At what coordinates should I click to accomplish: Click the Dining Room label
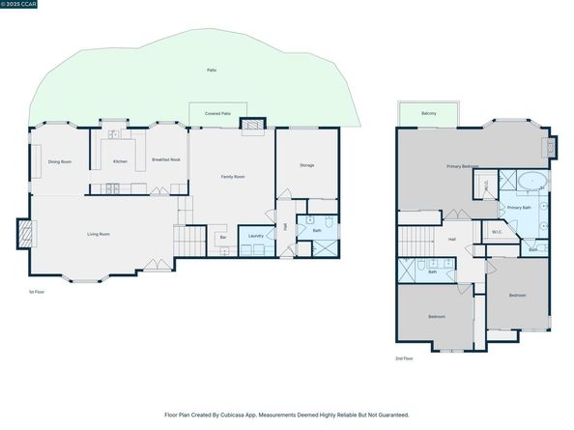click(x=60, y=161)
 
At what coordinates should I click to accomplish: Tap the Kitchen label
click(x=120, y=161)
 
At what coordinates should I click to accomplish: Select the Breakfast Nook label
click(x=165, y=159)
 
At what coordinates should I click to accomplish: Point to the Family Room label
click(x=233, y=177)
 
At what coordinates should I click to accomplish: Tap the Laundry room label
click(x=256, y=236)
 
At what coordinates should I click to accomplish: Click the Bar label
click(x=223, y=237)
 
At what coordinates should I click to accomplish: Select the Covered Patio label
click(x=217, y=114)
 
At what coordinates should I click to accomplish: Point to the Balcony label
click(x=428, y=114)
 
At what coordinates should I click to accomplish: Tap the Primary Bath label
click(x=519, y=207)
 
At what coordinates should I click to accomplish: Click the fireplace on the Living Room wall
click(x=24, y=233)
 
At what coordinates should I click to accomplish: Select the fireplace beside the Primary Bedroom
click(x=552, y=148)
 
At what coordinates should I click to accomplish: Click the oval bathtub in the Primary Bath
click(x=531, y=182)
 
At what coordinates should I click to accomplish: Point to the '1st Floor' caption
click(x=37, y=291)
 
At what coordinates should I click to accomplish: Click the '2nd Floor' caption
click(x=405, y=358)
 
